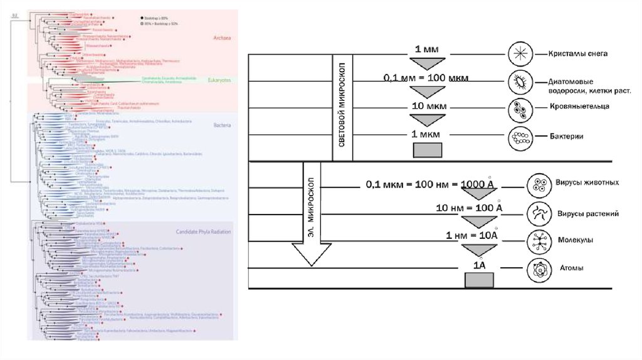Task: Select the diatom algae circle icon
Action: click(x=520, y=81)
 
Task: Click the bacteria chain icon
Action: click(x=520, y=135)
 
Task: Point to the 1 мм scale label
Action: click(x=426, y=49)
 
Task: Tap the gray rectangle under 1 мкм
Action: click(x=427, y=150)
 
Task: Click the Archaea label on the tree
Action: click(x=222, y=38)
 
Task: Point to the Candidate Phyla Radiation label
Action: click(x=203, y=232)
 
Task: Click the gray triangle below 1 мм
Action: click(x=427, y=63)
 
